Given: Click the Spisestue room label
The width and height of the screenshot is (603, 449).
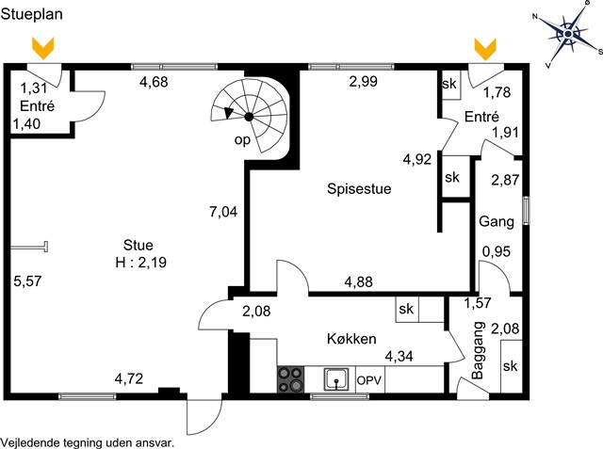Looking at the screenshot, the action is pyautogui.click(x=359, y=188).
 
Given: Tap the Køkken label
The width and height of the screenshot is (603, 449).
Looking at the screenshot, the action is pyautogui.click(x=351, y=339).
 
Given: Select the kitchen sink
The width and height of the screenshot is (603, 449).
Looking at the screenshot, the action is pyautogui.click(x=336, y=379).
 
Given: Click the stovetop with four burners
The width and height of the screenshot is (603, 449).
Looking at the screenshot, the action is pyautogui.click(x=290, y=379).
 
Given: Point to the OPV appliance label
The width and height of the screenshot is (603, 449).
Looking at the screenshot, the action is pyautogui.click(x=369, y=380).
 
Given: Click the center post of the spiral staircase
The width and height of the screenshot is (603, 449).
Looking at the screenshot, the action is pyautogui.click(x=249, y=117).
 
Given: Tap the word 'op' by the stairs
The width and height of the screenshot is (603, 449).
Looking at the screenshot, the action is pyautogui.click(x=242, y=140).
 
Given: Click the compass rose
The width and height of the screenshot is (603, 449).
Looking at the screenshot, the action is pyautogui.click(x=568, y=35).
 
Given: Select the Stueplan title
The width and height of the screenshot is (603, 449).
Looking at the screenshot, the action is pyautogui.click(x=31, y=14).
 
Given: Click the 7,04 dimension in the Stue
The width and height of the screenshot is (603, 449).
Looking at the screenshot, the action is pyautogui.click(x=223, y=212).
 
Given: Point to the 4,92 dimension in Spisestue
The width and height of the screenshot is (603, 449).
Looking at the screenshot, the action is pyautogui.click(x=417, y=159).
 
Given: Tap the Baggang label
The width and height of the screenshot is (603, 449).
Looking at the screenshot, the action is pyautogui.click(x=478, y=350).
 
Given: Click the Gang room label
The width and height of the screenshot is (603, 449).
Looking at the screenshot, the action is pyautogui.click(x=497, y=221).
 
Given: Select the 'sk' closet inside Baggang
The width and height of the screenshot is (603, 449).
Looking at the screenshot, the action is pyautogui.click(x=511, y=366).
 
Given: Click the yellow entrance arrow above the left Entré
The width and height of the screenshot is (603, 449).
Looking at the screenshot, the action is pyautogui.click(x=43, y=48).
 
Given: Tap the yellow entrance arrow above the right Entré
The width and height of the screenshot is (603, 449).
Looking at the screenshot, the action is pyautogui.click(x=485, y=49).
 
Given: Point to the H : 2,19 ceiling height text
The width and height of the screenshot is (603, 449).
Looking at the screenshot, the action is pyautogui.click(x=140, y=263).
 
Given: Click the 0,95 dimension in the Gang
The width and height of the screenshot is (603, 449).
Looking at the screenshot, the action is pyautogui.click(x=497, y=251).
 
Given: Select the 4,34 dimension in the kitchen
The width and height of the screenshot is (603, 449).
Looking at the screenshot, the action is pyautogui.click(x=399, y=357).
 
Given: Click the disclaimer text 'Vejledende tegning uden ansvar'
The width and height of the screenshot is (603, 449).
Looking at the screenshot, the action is pyautogui.click(x=87, y=442).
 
